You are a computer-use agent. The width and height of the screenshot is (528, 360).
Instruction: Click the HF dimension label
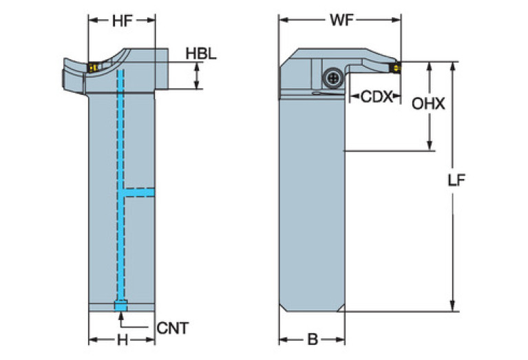(123, 21)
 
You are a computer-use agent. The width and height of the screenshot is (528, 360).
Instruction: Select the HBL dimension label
(201, 53)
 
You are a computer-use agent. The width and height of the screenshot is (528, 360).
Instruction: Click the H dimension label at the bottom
(123, 339)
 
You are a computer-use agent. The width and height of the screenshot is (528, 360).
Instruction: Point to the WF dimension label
(340, 20)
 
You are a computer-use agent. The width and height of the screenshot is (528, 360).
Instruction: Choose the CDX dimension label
(376, 98)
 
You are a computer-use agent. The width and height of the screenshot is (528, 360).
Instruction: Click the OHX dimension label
(428, 105)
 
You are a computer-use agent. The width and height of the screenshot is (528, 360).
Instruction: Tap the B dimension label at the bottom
(312, 339)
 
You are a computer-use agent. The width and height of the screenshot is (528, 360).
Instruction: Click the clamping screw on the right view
(333, 78)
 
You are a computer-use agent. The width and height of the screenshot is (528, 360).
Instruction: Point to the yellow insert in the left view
(92, 67)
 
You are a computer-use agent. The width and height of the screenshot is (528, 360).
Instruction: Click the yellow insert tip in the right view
(397, 68)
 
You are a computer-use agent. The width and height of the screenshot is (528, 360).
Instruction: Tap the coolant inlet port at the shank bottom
(121, 306)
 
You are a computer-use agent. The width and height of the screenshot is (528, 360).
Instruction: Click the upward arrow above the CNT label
(121, 316)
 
